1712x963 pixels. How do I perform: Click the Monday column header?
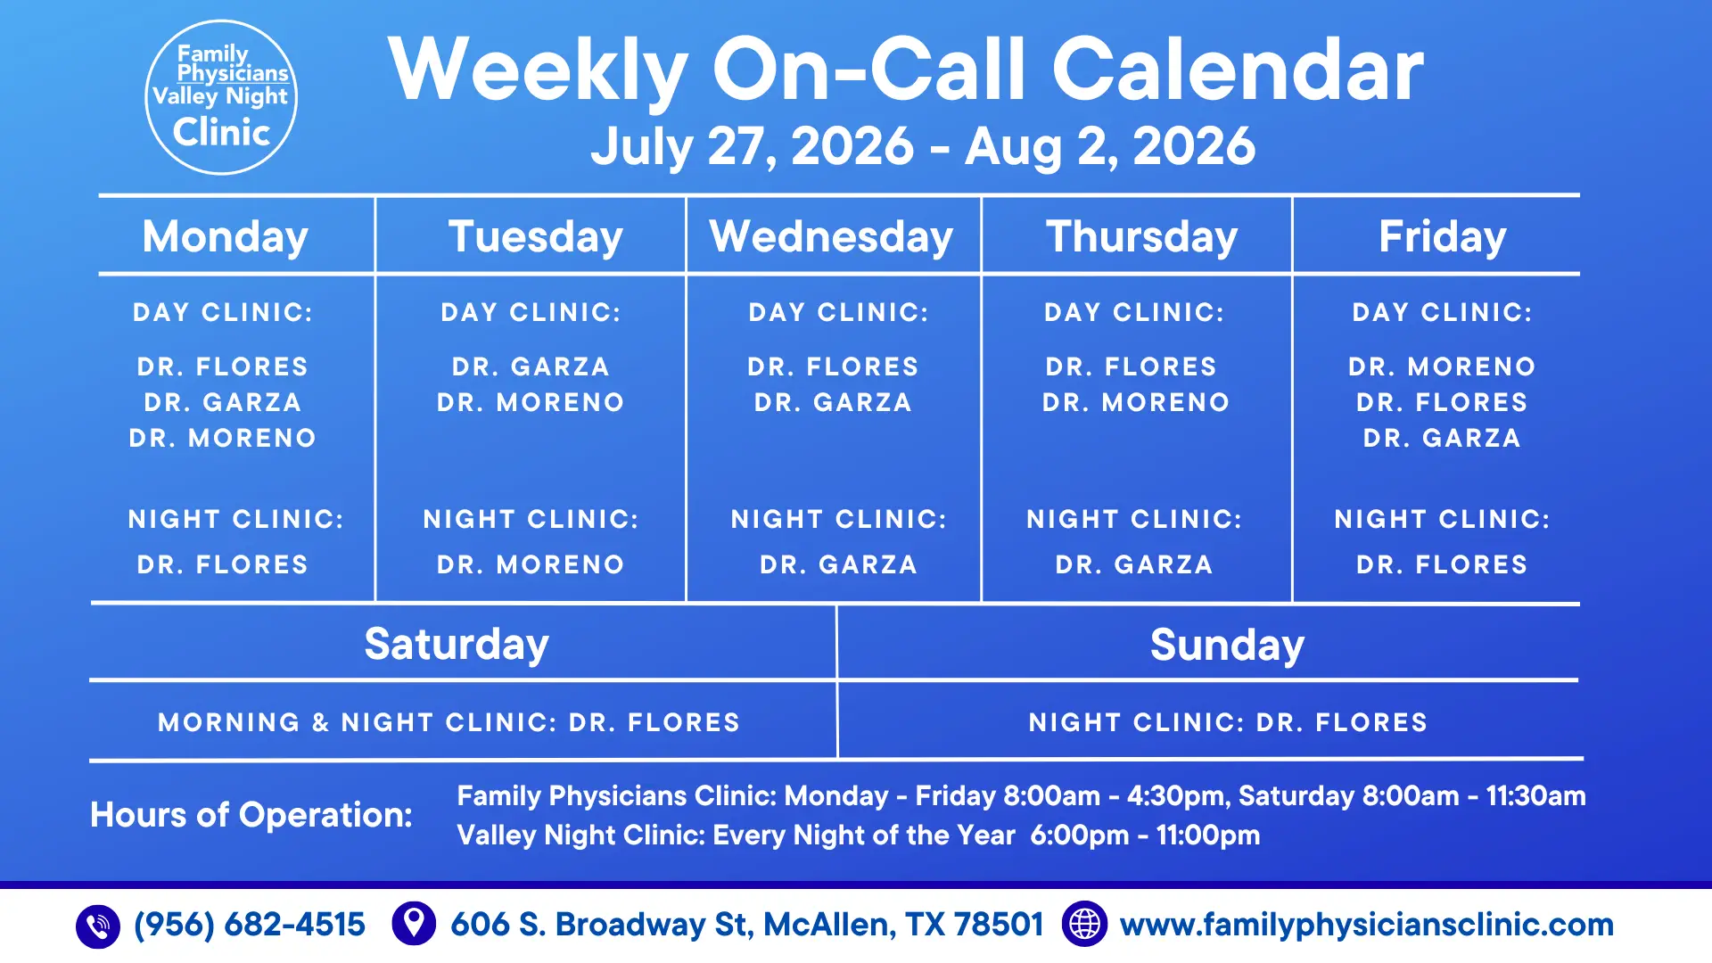click(x=226, y=237)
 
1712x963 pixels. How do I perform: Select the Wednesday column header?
click(x=832, y=237)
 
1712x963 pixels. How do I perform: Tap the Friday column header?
click(x=1443, y=237)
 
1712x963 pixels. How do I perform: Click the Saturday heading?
click(x=457, y=645)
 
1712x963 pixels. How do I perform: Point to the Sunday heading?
click(x=1227, y=645)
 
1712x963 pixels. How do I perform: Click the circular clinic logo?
click(x=221, y=97)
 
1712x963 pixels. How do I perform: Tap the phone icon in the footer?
click(x=98, y=926)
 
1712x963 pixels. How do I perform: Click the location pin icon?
click(x=414, y=924)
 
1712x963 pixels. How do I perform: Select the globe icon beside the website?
click(x=1084, y=924)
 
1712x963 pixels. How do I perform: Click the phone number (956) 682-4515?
click(x=250, y=925)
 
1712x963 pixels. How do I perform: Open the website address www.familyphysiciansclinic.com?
click(x=1367, y=925)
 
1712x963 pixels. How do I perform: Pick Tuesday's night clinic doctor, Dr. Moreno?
click(x=531, y=564)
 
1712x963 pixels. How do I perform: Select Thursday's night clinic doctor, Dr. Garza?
click(x=1134, y=564)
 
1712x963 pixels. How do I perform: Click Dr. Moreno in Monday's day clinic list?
click(x=223, y=438)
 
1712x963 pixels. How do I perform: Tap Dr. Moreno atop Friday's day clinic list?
click(x=1443, y=366)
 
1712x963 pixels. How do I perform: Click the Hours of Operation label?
click(x=251, y=815)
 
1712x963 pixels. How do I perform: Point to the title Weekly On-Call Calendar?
click(x=906, y=70)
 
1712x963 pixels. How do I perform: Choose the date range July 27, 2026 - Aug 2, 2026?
click(x=923, y=146)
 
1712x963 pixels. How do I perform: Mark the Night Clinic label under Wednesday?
click(x=839, y=519)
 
